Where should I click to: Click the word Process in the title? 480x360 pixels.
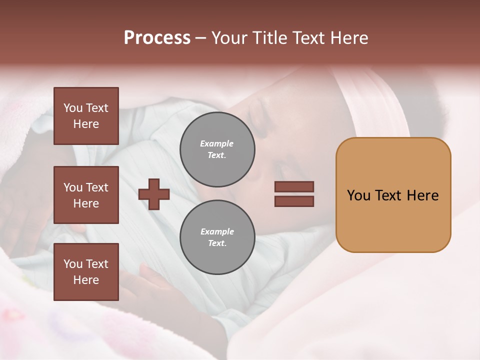157,38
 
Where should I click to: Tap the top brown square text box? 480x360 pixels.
86,116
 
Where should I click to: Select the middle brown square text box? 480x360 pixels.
86,195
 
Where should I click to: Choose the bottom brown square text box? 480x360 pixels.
86,272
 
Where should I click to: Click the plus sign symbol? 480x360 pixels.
154,194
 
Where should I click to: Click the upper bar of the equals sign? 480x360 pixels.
294,186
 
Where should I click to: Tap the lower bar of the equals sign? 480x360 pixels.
294,201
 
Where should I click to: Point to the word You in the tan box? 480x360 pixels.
358,195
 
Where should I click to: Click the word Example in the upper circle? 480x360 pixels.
217,143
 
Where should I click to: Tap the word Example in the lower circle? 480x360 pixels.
217,231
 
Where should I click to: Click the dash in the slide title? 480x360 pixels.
201,38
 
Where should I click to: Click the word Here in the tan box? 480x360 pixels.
422,195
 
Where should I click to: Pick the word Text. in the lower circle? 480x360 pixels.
217,243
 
